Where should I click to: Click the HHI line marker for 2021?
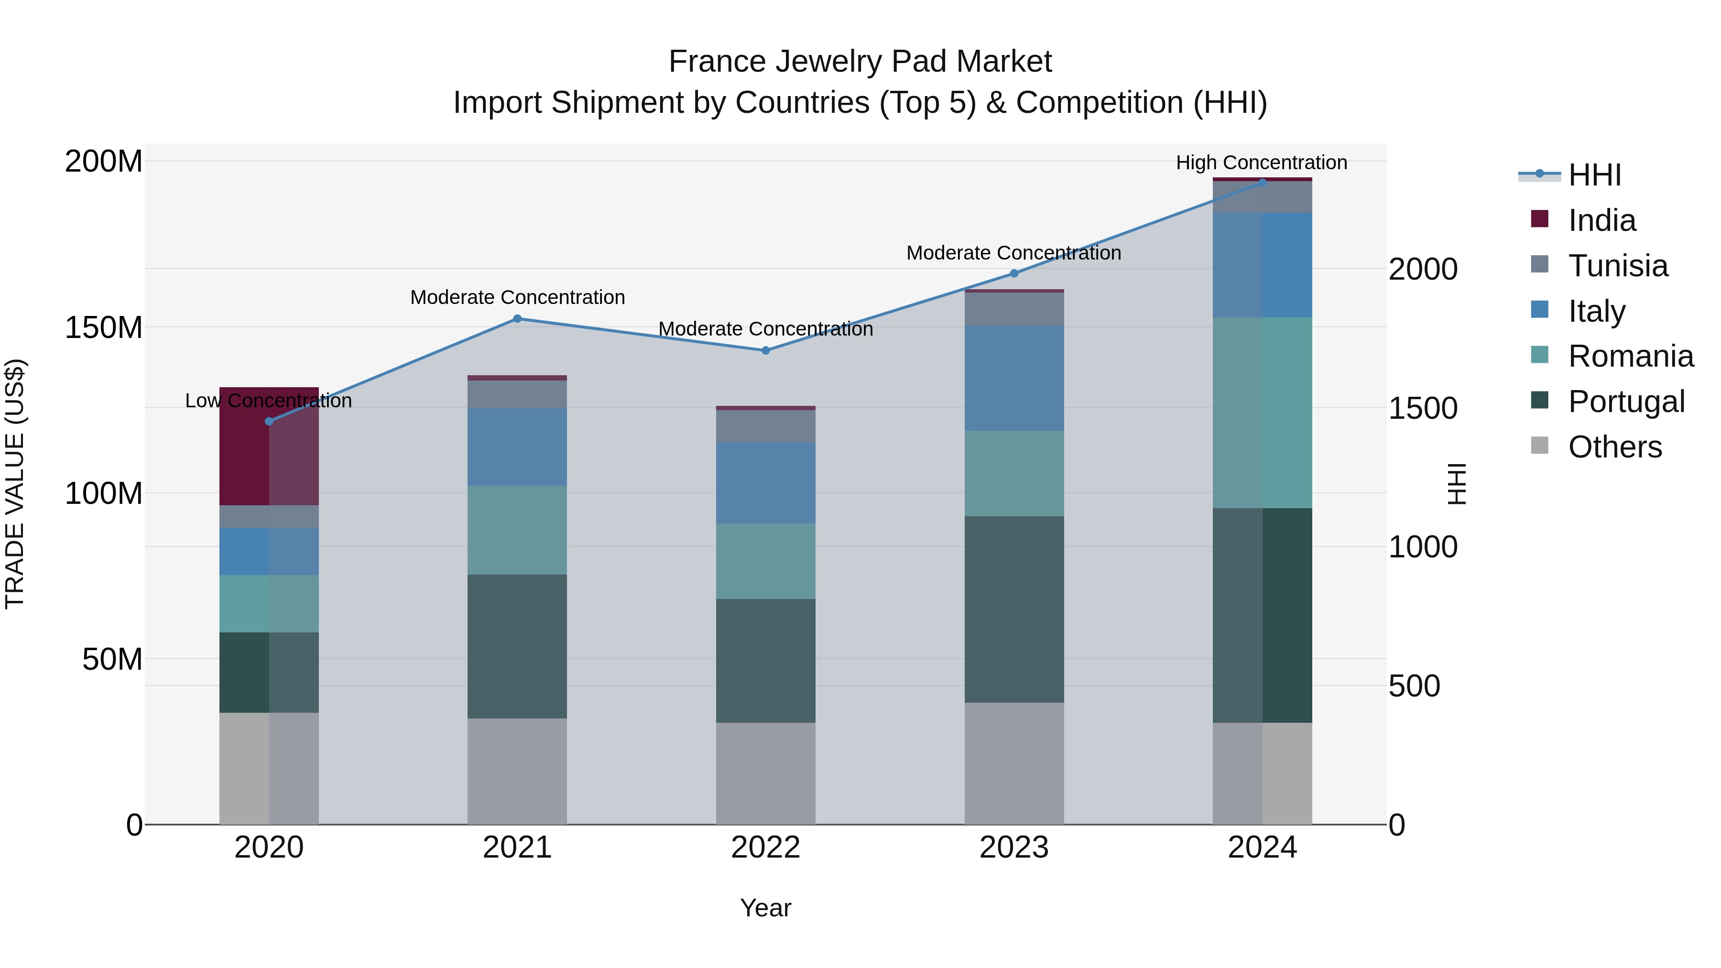point(517,319)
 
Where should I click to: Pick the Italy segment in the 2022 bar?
point(766,482)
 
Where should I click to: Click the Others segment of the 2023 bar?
point(1014,763)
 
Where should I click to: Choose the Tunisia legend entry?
point(1617,266)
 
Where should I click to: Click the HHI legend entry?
point(1594,175)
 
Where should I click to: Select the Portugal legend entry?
point(1625,402)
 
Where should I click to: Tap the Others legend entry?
point(1614,447)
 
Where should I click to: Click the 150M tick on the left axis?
point(104,327)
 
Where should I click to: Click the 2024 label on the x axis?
point(1262,848)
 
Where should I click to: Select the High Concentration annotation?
point(1262,163)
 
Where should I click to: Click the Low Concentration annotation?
point(269,401)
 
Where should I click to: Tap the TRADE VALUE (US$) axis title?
point(15,484)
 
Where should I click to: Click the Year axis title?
point(766,908)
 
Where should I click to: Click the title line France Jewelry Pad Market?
point(860,62)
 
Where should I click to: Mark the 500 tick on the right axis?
point(1415,686)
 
